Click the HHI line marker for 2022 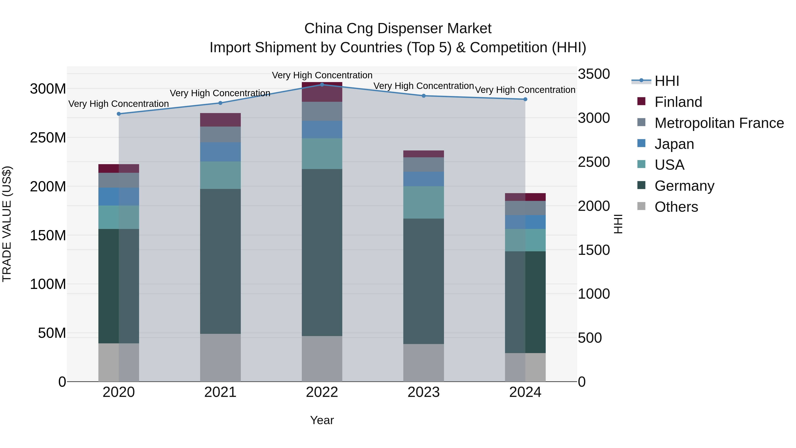[x=322, y=85]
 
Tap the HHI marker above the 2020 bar [x=119, y=114]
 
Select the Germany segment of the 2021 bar [x=220, y=261]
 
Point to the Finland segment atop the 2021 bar [x=220, y=120]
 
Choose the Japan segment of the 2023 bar [x=423, y=179]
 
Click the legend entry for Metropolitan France [x=719, y=123]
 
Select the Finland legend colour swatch [x=641, y=101]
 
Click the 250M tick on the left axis [x=48, y=138]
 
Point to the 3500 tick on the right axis [x=594, y=74]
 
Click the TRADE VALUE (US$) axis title [x=7, y=224]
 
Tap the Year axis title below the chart [x=322, y=420]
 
